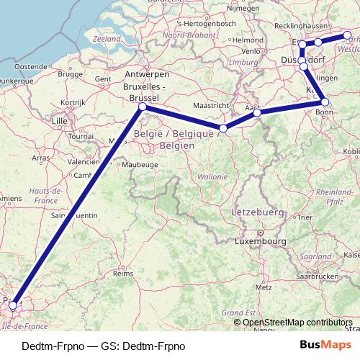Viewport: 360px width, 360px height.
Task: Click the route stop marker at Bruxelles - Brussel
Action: coord(142,107)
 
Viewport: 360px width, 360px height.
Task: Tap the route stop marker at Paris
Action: coord(12,305)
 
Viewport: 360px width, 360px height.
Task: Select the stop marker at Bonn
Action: coord(325,102)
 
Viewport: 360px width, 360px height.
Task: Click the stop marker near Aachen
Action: coord(257,112)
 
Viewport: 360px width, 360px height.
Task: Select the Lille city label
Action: coord(59,121)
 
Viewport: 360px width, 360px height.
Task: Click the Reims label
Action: coord(125,274)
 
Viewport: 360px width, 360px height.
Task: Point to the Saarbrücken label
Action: coord(316,276)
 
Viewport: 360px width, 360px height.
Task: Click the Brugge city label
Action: coord(71,73)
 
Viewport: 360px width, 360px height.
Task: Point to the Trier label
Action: coord(305,216)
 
